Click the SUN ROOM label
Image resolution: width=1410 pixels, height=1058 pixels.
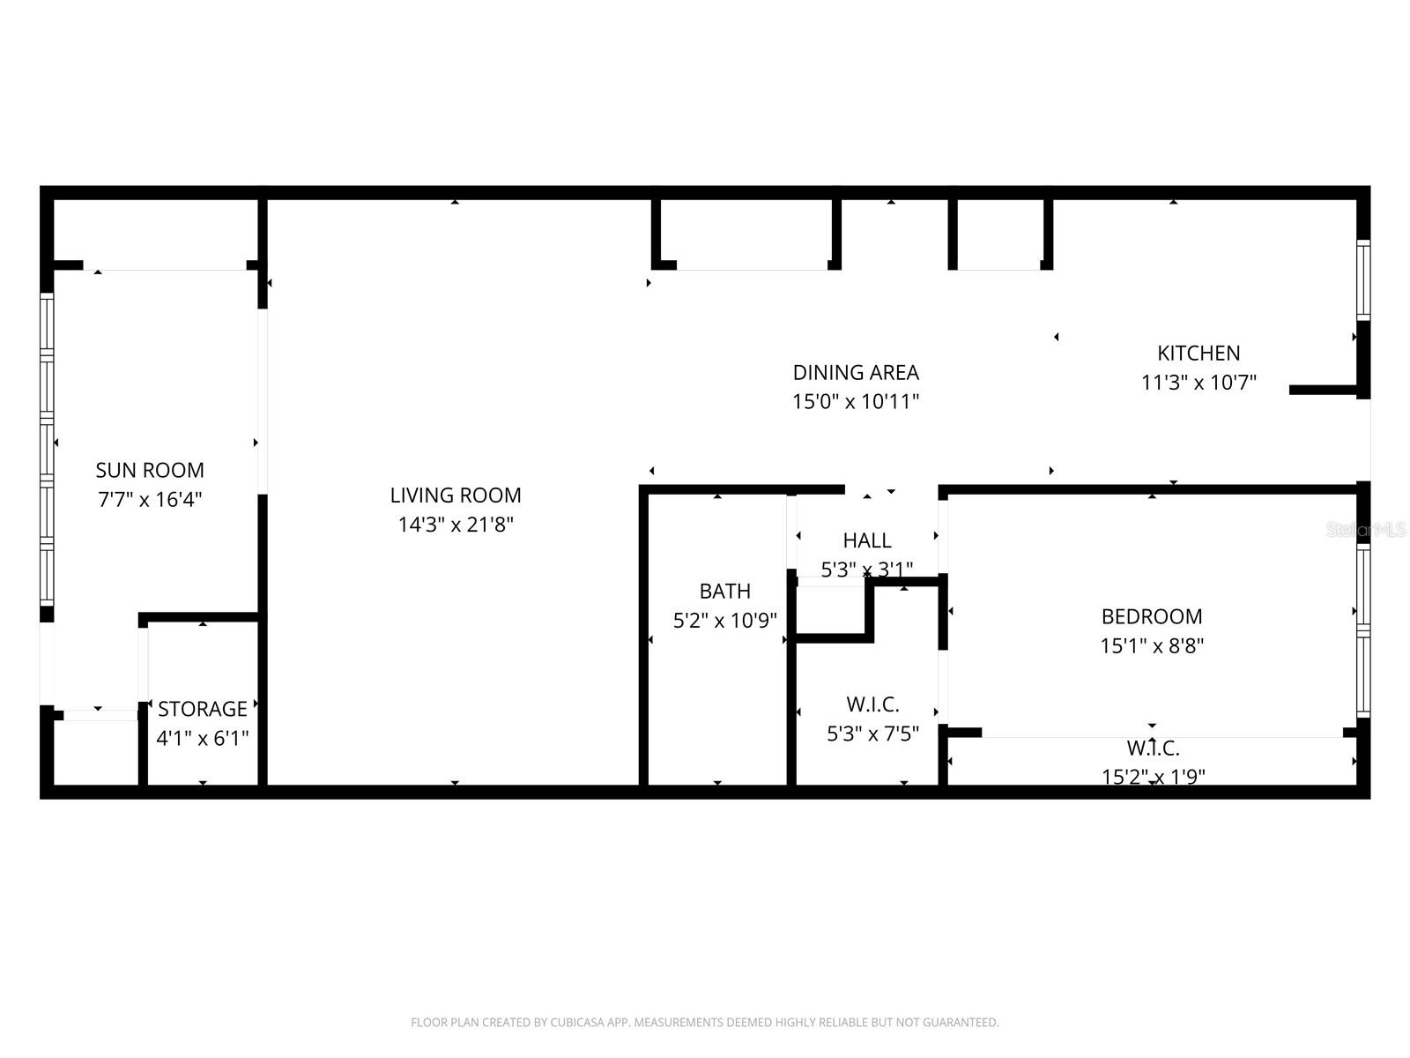coord(150,470)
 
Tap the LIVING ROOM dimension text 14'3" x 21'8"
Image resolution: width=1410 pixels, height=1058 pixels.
coord(456,525)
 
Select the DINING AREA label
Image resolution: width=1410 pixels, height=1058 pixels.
coord(856,372)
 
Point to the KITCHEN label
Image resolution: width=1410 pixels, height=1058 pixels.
coord(1198,353)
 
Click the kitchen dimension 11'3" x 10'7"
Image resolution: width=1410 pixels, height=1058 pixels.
coord(1198,383)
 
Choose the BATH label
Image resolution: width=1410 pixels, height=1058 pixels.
coord(724,591)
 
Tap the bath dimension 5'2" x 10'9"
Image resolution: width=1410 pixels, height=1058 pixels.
coord(724,621)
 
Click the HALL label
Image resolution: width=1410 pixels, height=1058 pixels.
coord(867,540)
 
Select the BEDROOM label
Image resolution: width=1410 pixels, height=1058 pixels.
coord(1152,616)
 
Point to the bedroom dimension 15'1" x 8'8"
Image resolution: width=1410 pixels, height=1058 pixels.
coord(1152,645)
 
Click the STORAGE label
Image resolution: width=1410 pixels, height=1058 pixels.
coord(203,709)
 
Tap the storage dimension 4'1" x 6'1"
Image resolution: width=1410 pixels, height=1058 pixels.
coord(203,738)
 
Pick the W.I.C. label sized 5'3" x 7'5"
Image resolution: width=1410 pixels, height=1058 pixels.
coord(872,704)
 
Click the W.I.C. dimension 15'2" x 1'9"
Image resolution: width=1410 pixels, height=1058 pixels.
coord(1153,777)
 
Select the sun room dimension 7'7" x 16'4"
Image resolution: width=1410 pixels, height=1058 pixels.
coord(150,500)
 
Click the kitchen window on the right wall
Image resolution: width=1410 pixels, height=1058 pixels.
coord(1362,279)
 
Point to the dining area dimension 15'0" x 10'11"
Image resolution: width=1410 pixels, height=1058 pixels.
coord(856,402)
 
